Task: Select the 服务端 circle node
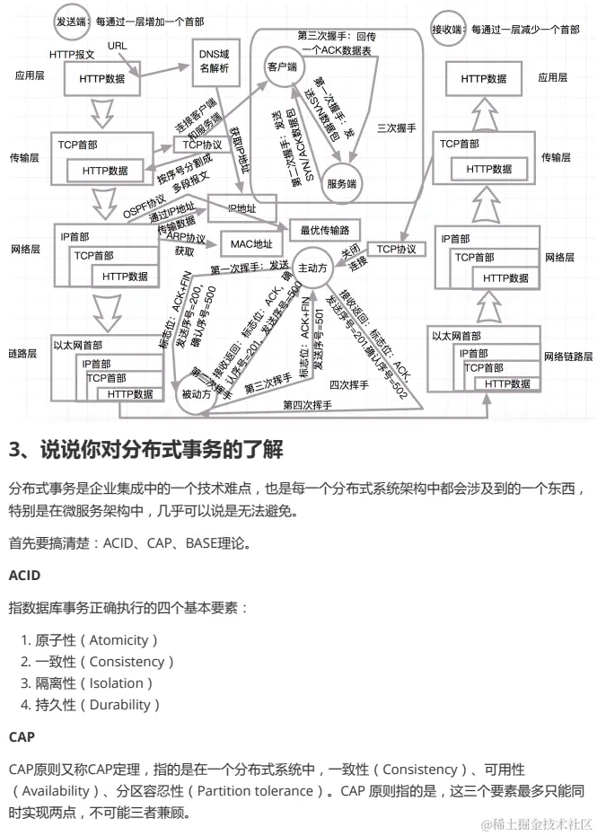point(342,183)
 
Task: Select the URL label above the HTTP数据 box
point(118,45)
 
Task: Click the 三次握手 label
point(396,128)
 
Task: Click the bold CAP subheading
point(22,736)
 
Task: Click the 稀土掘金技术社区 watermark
point(536,823)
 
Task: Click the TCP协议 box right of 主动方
point(396,248)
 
